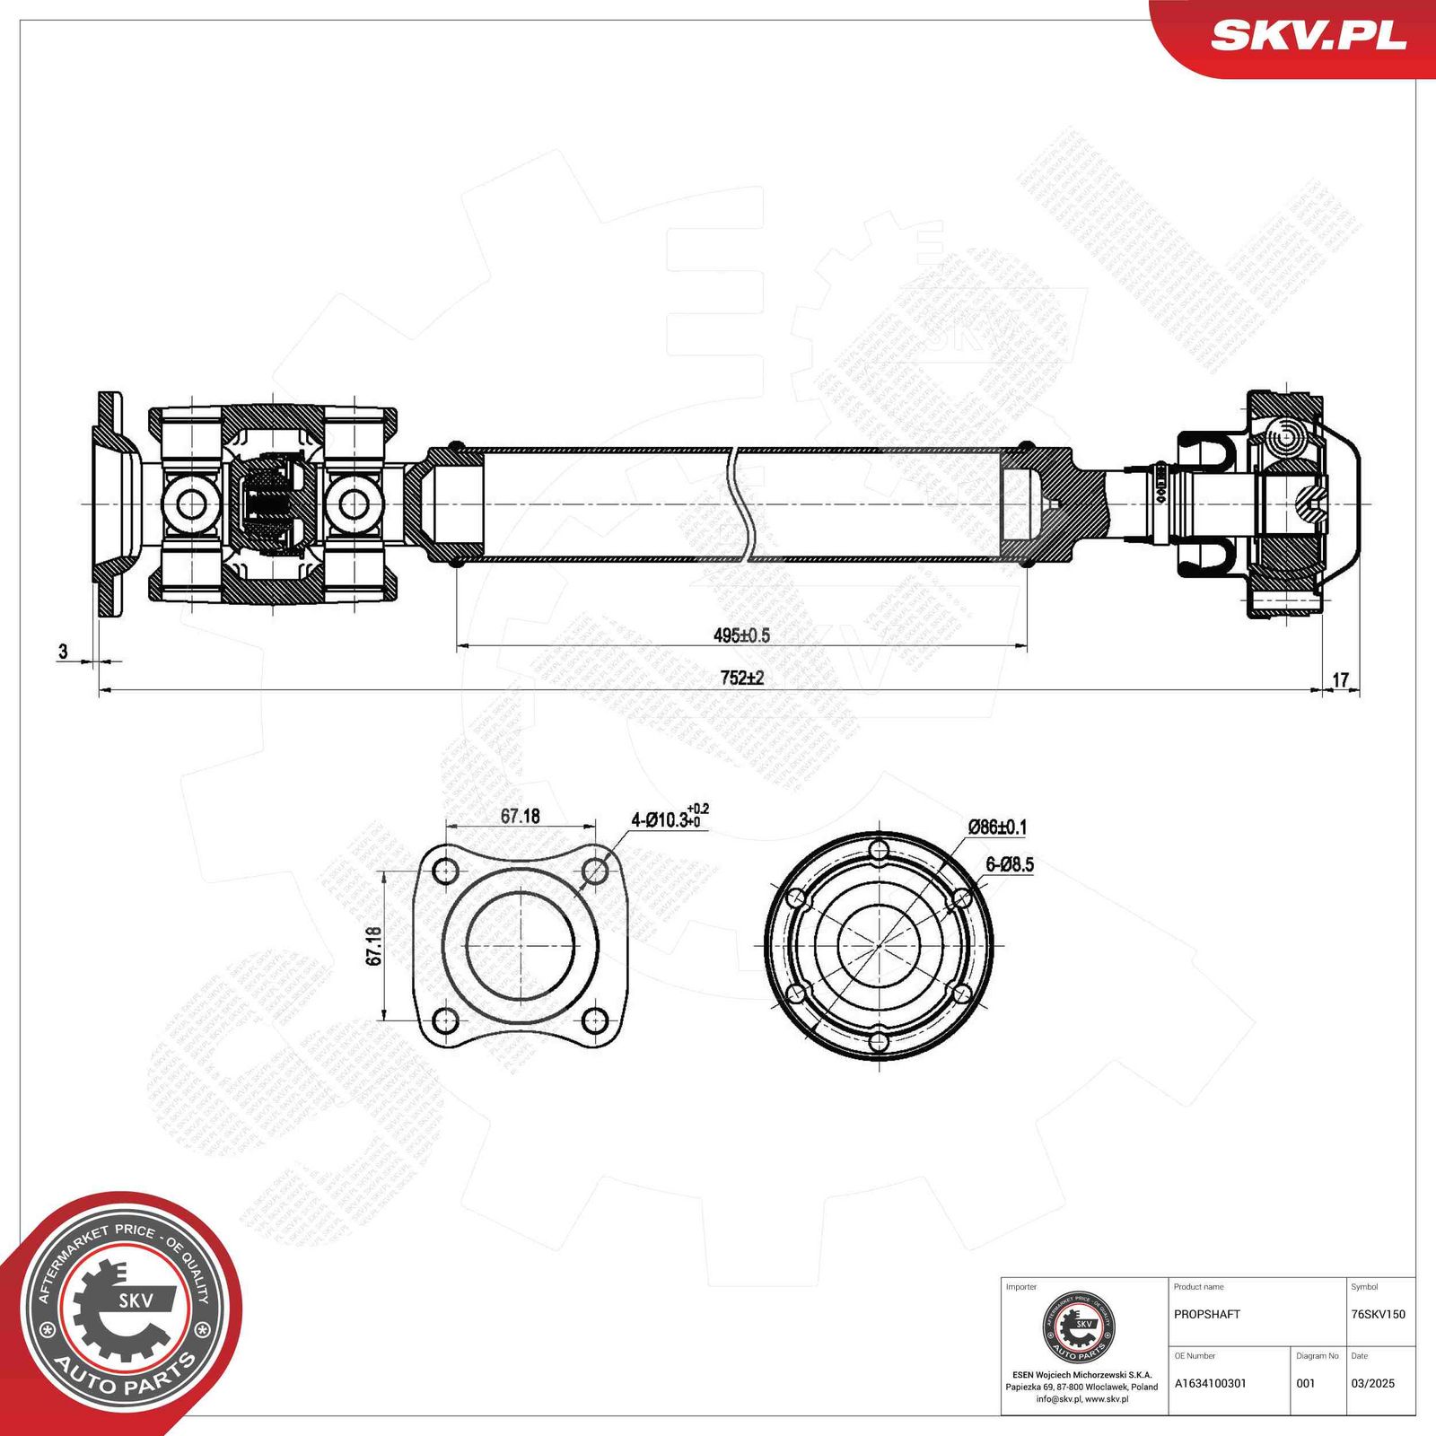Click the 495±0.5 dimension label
[741, 635]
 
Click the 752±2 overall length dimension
[741, 679]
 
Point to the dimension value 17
[1340, 680]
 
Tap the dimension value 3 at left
[63, 652]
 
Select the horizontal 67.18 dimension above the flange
[520, 816]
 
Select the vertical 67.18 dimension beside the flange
[374, 946]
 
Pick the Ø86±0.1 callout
[997, 827]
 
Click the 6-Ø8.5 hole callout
[1010, 865]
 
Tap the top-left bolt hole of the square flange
[445, 871]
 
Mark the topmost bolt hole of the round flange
[880, 849]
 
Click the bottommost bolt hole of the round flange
[880, 1041]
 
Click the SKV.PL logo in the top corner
[1308, 36]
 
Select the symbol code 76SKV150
[1378, 1314]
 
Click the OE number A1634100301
[1210, 1383]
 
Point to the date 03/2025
[1372, 1383]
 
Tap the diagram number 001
[1305, 1383]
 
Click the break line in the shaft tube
[741, 505]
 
